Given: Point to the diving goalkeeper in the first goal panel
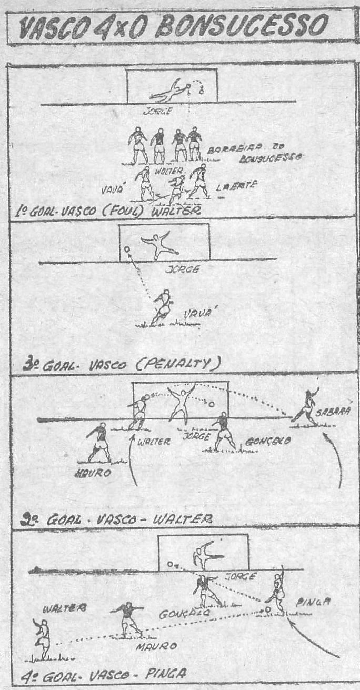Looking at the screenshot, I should click(x=167, y=90).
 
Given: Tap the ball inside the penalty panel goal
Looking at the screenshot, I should click(x=127, y=249).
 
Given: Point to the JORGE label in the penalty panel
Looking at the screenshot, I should click(x=182, y=269).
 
